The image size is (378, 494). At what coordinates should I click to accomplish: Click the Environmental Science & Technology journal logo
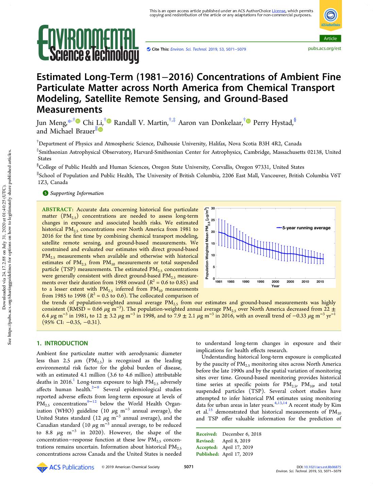[x=88, y=44]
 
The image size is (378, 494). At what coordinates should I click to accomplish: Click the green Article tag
[x=330, y=38]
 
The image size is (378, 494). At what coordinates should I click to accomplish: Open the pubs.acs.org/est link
[x=324, y=49]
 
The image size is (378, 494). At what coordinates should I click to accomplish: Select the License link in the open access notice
[x=278, y=11]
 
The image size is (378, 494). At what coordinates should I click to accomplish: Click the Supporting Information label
[x=77, y=193]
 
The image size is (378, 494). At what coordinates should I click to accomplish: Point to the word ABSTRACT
[x=57, y=209]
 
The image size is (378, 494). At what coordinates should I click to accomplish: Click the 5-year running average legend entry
[x=306, y=228]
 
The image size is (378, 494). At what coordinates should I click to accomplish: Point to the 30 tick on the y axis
[x=213, y=208]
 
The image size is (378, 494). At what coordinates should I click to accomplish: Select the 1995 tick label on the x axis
[x=260, y=281]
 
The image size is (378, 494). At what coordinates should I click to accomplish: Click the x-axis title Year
[x=275, y=286]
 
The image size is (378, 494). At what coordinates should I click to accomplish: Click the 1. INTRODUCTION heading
[x=62, y=343]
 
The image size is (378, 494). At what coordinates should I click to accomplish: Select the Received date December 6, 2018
[x=242, y=434]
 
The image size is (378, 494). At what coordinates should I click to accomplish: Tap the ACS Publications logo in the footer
[x=65, y=467]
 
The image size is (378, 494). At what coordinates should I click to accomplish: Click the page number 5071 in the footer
[x=189, y=467]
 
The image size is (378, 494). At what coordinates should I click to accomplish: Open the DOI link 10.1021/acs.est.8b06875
[x=322, y=467]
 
